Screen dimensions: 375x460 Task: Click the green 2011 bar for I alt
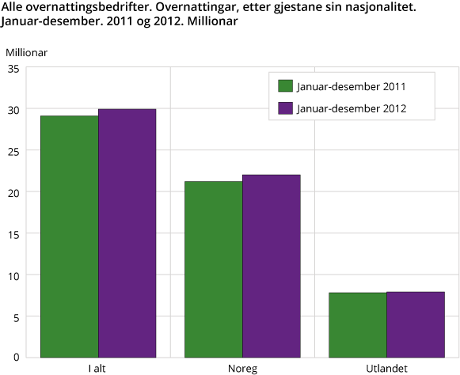click(x=70, y=236)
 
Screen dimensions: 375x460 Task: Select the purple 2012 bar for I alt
click(x=127, y=233)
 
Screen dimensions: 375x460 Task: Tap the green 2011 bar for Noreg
click(x=214, y=269)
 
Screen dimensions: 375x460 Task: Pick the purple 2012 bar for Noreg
click(x=272, y=266)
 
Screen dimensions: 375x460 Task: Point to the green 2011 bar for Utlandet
click(x=358, y=324)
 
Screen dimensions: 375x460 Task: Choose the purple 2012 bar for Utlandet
click(x=416, y=324)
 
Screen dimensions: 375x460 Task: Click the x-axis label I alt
click(x=99, y=369)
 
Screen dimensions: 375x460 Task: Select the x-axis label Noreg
click(x=243, y=369)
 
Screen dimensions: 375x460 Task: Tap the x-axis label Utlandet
click(x=387, y=369)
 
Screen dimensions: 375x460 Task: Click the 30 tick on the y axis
click(x=13, y=108)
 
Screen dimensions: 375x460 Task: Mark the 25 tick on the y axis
click(x=13, y=150)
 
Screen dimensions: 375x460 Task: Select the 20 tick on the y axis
click(x=13, y=191)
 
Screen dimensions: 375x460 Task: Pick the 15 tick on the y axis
click(x=13, y=233)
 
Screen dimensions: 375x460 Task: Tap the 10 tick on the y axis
click(x=13, y=275)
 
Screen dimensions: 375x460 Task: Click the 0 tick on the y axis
click(x=17, y=358)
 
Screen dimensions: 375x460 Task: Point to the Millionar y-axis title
click(x=27, y=52)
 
